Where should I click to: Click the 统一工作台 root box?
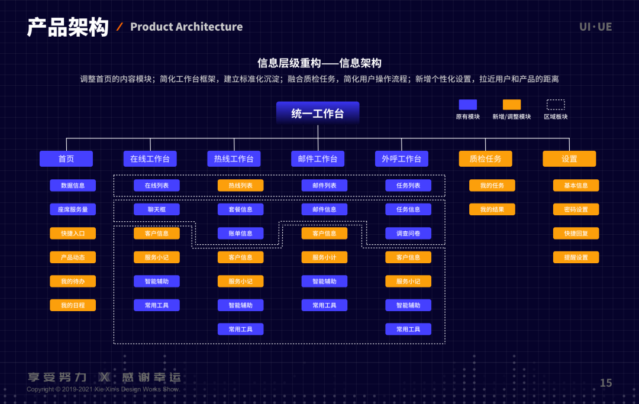pyautogui.click(x=318, y=114)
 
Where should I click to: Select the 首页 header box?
pyautogui.click(x=66, y=159)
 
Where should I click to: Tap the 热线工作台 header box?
pyautogui.click(x=234, y=159)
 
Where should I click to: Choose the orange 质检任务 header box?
pyautogui.click(x=485, y=159)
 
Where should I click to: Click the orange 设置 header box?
pyautogui.click(x=569, y=159)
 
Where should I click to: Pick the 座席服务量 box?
pyautogui.click(x=73, y=209)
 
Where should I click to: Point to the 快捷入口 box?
pyautogui.click(x=73, y=233)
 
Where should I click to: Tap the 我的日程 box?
pyautogui.click(x=73, y=305)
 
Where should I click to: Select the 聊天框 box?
pyautogui.click(x=157, y=209)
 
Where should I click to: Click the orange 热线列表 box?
pyautogui.click(x=241, y=185)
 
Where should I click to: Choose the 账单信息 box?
pyautogui.click(x=241, y=233)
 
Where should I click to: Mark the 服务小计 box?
pyautogui.click(x=324, y=257)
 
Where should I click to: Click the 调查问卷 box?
pyautogui.click(x=408, y=233)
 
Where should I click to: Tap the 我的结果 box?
pyautogui.click(x=492, y=209)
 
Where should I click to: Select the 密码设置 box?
pyautogui.click(x=576, y=209)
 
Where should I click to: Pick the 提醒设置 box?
pyautogui.click(x=576, y=257)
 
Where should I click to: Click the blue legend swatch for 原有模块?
pyautogui.click(x=467, y=105)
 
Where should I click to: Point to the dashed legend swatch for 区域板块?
pyautogui.click(x=556, y=105)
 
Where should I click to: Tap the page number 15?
pyautogui.click(x=606, y=383)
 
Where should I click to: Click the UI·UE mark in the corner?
pyautogui.click(x=595, y=27)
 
